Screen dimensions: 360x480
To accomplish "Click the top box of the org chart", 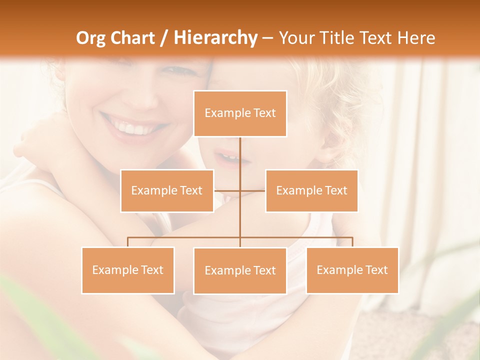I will [240, 113].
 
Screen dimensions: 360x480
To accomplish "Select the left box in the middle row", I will [167, 190].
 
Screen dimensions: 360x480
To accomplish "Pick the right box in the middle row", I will [311, 190].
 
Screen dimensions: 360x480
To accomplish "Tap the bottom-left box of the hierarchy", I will [128, 270].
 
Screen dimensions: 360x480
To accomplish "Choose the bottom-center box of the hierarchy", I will [240, 270].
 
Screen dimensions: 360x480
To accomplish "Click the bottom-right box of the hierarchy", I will [352, 270].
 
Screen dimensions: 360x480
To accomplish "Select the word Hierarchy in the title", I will [215, 38].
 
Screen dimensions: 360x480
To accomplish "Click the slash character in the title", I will [164, 38].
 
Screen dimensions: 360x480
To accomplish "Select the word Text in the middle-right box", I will [335, 190].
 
